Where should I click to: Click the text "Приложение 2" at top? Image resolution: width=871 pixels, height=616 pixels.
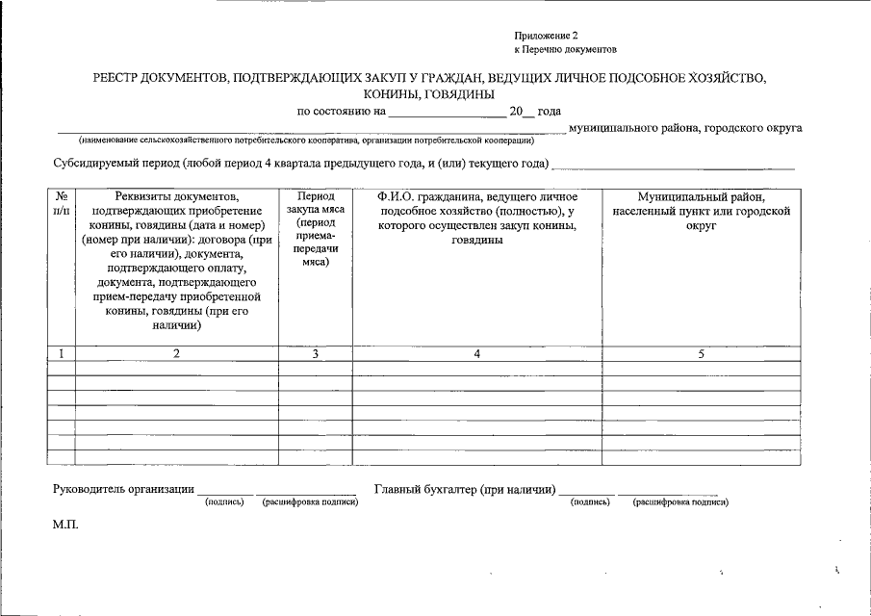pos(546,35)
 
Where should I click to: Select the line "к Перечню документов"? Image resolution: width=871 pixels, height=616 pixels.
pos(565,49)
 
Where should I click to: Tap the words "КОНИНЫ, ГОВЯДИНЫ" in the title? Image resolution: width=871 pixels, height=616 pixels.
pos(429,94)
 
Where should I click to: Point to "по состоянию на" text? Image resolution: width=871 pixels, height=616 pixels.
pos(342,112)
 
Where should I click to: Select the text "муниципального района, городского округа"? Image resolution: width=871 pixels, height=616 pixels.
pos(685,127)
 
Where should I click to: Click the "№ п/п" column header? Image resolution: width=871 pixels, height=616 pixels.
pos(62,202)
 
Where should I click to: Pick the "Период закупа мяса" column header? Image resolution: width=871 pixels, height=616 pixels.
pos(315,228)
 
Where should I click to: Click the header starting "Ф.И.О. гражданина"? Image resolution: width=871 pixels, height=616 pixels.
pos(476,218)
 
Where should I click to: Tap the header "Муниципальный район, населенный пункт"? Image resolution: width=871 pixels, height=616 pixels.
pos(701,210)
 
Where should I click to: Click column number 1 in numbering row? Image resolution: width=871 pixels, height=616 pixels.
pos(62,354)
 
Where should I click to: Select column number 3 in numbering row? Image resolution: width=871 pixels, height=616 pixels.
pos(315,354)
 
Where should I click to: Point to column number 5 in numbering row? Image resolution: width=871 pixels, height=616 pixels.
pos(701,354)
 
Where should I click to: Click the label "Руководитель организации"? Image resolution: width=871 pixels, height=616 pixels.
pos(123,490)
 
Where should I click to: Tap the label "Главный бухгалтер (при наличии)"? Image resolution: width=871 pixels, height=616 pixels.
pos(465,490)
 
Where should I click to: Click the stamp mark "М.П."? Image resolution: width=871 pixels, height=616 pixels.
pos(65,526)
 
